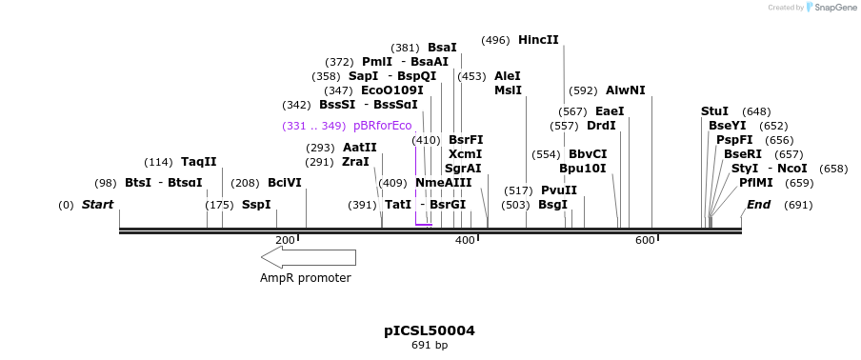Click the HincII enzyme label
(538, 40)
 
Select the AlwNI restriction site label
(625, 90)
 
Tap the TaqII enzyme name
(198, 162)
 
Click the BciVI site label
(284, 183)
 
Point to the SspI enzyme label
(255, 205)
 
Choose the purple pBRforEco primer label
(382, 126)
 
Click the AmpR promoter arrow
(308, 257)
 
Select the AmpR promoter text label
(306, 278)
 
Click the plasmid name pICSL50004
(430, 330)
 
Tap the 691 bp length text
(430, 345)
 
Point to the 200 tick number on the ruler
(284, 239)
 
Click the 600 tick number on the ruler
(645, 239)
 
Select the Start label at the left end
(97, 205)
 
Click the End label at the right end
(759, 205)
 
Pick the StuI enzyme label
(714, 111)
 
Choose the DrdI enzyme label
(601, 126)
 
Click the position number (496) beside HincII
(495, 40)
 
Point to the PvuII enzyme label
(559, 190)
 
